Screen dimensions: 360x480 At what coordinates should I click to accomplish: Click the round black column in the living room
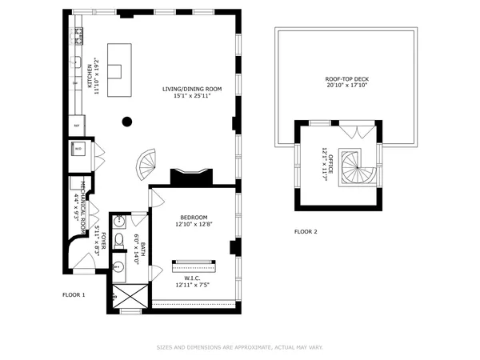click(x=126, y=122)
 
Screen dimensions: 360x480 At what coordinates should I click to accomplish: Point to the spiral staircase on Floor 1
click(x=146, y=166)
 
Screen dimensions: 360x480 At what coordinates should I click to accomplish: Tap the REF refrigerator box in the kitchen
click(x=78, y=126)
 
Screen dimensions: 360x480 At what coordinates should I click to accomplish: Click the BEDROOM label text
click(x=193, y=218)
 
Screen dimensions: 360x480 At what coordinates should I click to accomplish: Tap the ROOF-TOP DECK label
click(x=346, y=78)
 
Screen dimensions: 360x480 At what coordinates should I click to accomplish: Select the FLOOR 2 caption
click(x=306, y=232)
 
